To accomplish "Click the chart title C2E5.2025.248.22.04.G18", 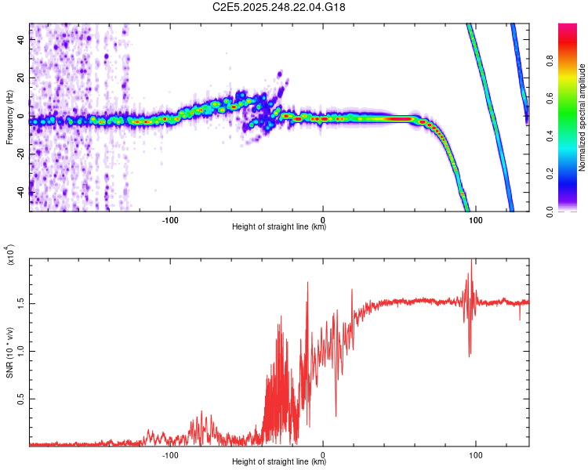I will pyautogui.click(x=279, y=7).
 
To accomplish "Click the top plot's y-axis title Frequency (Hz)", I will pyautogui.click(x=9, y=117).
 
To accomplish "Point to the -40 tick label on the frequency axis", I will pyautogui.click(x=19, y=193).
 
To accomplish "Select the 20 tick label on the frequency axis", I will pyautogui.click(x=21, y=78).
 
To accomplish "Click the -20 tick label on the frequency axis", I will pyautogui.click(x=19, y=154).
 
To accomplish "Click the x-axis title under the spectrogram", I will pyautogui.click(x=279, y=227).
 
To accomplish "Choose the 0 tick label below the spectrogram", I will pyautogui.click(x=323, y=220).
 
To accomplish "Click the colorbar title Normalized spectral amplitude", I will pyautogui.click(x=583, y=117).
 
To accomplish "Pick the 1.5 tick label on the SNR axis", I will pyautogui.click(x=19, y=302).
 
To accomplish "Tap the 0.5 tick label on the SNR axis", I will pyautogui.click(x=19, y=399).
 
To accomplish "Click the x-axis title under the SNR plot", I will pyautogui.click(x=279, y=462).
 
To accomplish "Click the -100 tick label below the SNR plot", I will pyautogui.click(x=170, y=454).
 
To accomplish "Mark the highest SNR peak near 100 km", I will pyautogui.click(x=471, y=261).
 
